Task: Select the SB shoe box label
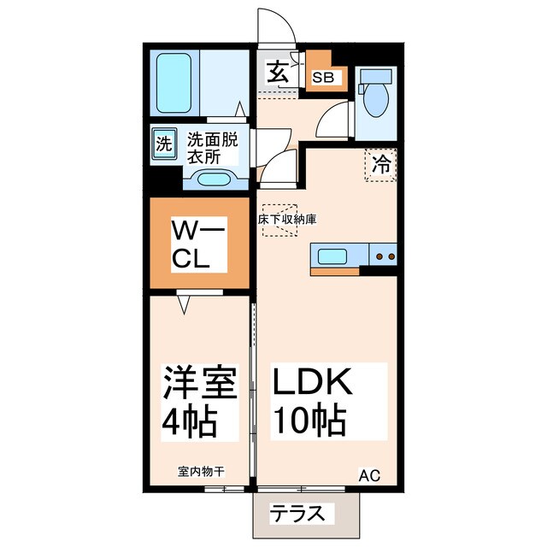click(x=323, y=77)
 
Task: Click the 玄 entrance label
click(x=277, y=72)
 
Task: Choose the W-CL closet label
click(x=198, y=245)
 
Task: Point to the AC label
click(x=368, y=475)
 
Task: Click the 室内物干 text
click(x=202, y=471)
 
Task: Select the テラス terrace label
click(x=298, y=515)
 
